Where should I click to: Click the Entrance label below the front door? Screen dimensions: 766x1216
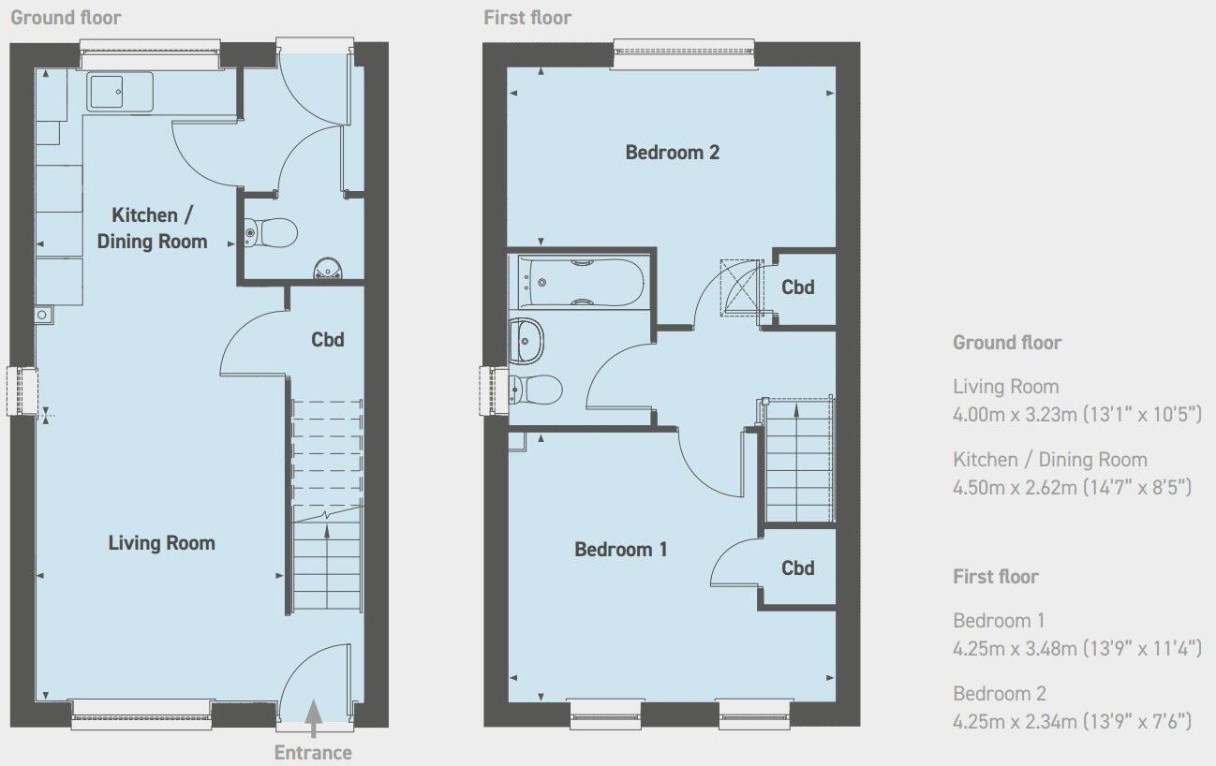point(313,753)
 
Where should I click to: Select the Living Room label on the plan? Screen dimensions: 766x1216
point(161,543)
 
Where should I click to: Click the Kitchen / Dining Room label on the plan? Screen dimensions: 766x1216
point(152,228)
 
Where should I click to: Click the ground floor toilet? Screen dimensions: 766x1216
point(271,230)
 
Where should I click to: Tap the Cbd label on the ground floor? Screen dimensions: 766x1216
point(328,339)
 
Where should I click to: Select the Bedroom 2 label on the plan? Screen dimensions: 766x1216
point(673,152)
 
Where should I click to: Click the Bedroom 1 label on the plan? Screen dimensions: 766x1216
point(621,550)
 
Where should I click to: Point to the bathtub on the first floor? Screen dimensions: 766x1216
point(581,282)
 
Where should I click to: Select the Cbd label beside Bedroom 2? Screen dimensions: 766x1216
point(798,287)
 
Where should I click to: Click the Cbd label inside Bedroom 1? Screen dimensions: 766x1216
point(798,568)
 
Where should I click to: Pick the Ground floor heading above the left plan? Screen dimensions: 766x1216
point(66,18)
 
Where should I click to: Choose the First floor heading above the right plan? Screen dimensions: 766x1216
point(527,18)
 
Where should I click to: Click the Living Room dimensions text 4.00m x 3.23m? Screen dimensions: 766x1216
point(1076,414)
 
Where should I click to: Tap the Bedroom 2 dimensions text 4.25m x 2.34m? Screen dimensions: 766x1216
point(1072,721)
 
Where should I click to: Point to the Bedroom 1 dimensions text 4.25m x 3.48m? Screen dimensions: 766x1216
point(1076,648)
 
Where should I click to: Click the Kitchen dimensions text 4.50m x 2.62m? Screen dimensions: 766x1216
point(1072,487)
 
